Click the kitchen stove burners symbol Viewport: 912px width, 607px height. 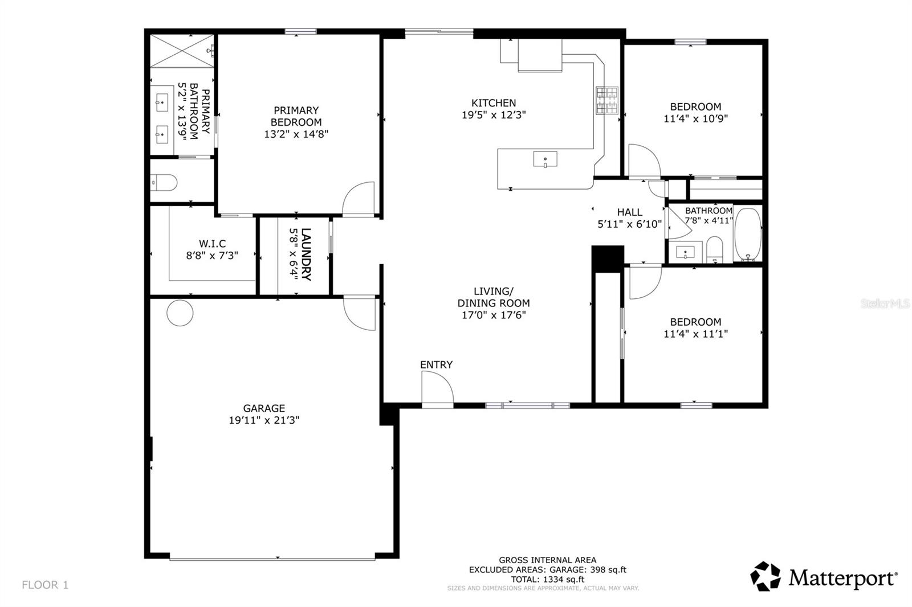(607, 100)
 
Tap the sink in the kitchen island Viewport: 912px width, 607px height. (545, 159)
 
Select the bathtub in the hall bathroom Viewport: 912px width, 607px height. (747, 235)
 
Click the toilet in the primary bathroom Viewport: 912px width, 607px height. (164, 183)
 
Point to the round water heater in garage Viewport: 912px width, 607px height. (180, 312)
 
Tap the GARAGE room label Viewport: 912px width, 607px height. (264, 408)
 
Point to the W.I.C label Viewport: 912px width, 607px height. (212, 244)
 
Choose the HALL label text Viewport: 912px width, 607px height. (629, 212)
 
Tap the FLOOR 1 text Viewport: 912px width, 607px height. (45, 585)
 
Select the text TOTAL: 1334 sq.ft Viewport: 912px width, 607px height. (547, 579)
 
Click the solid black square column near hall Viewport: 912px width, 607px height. (608, 258)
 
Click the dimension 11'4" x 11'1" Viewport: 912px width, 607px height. (695, 334)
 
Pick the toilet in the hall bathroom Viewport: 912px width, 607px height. (714, 249)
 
